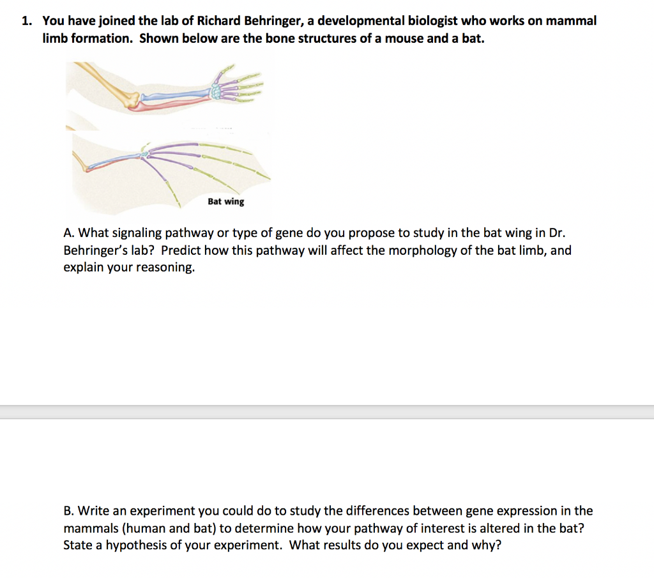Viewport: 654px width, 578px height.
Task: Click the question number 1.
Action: (x=26, y=21)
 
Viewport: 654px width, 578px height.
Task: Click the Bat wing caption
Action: (x=225, y=202)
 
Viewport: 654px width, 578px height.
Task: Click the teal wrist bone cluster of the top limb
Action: (x=218, y=90)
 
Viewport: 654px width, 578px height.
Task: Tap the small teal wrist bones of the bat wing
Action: (x=145, y=154)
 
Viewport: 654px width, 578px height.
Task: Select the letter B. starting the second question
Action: (x=69, y=511)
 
